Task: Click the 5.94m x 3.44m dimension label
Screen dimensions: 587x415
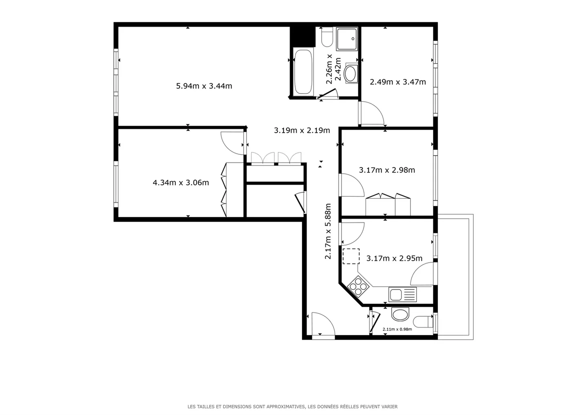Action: pyautogui.click(x=204, y=86)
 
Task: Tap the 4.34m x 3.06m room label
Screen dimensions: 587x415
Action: pyautogui.click(x=181, y=182)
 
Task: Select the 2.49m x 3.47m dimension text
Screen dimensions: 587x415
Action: pyautogui.click(x=398, y=82)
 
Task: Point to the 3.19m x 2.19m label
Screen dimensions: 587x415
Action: pyautogui.click(x=302, y=130)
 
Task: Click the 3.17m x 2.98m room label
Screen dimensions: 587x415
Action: pyautogui.click(x=387, y=170)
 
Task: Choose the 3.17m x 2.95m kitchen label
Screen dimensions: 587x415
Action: pyautogui.click(x=394, y=259)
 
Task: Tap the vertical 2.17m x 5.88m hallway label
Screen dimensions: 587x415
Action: pyautogui.click(x=328, y=231)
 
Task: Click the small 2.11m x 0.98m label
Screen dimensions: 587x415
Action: pyautogui.click(x=397, y=329)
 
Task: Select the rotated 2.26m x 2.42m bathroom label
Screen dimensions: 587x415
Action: pyautogui.click(x=333, y=69)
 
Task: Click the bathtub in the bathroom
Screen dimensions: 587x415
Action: pyautogui.click(x=303, y=72)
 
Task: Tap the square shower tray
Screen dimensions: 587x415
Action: pyautogui.click(x=347, y=39)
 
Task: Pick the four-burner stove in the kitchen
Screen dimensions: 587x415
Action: pyautogui.click(x=358, y=286)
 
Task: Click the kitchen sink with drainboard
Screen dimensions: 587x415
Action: pyautogui.click(x=402, y=294)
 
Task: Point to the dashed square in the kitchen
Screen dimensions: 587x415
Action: pyautogui.click(x=351, y=256)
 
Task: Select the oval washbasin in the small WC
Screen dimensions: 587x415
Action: pyautogui.click(x=400, y=314)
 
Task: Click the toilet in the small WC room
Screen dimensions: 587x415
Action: pyautogui.click(x=423, y=322)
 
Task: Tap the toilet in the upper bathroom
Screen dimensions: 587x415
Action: pyautogui.click(x=327, y=37)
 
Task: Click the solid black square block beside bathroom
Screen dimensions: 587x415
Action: pyautogui.click(x=302, y=37)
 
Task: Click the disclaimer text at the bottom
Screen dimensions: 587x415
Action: pyautogui.click(x=292, y=406)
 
